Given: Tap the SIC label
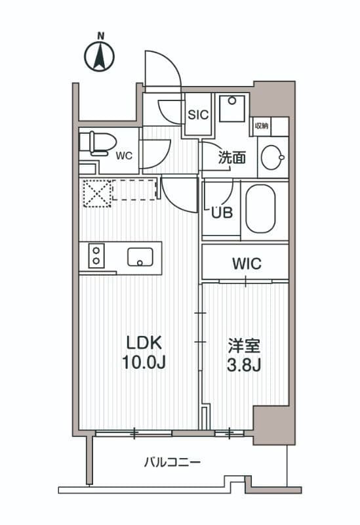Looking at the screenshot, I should (198, 114).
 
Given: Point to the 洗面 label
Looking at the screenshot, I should (231, 157).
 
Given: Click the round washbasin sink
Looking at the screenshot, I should (272, 157).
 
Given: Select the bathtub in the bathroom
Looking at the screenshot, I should (261, 208).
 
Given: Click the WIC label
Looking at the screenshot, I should (247, 264).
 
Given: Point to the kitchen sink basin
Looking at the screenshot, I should (140, 257).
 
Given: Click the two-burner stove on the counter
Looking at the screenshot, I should (96, 255).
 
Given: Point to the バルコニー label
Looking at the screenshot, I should (172, 462).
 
